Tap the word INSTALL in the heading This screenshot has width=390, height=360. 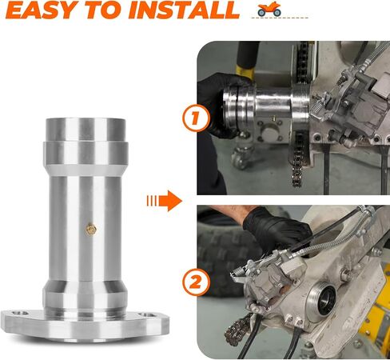coord(184,10)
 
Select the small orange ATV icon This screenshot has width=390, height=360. coord(269,9)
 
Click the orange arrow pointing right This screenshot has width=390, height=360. coord(165,201)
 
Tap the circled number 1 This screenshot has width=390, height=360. coord(196,118)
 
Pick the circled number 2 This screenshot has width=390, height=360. coord(196,282)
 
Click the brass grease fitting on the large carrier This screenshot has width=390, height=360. coord(91,230)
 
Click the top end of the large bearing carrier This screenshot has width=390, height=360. coord(86,120)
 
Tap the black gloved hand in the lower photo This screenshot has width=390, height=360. coord(277,231)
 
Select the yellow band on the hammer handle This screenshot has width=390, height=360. coord(245,71)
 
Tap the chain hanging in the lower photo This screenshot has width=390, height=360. coord(237,329)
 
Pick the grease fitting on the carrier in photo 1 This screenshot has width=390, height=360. coord(273,118)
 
